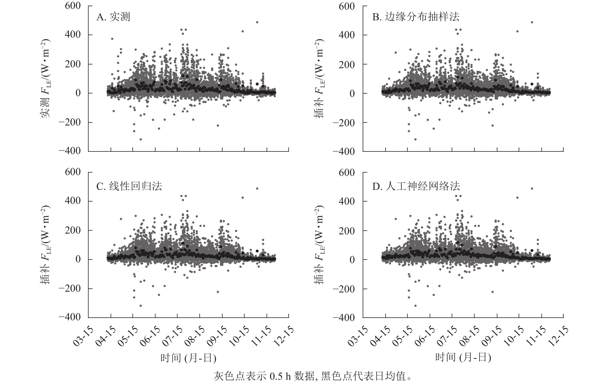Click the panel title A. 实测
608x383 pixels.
(113, 17)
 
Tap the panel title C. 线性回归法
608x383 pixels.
(129, 186)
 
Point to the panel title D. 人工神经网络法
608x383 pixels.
(416, 186)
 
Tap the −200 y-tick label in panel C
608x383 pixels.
(70, 288)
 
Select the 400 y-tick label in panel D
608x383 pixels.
(347, 202)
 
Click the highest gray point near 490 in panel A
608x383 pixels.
(257, 22)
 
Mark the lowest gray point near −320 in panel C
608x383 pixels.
(141, 306)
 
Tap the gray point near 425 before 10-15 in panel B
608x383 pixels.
(517, 31)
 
